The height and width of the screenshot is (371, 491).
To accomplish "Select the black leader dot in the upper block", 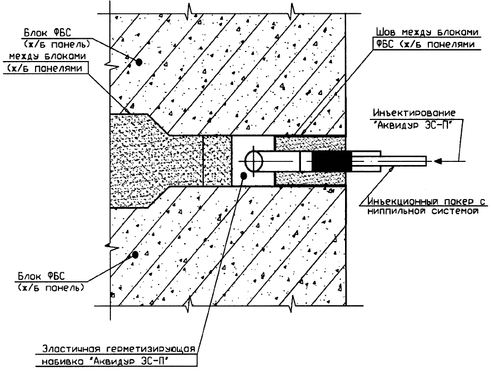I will coord(139,62).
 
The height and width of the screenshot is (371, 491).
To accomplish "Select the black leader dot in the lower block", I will coord(135,255).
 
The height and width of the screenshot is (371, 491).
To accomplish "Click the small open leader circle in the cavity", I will coord(243,176).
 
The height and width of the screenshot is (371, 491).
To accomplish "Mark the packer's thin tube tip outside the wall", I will coord(414,159).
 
